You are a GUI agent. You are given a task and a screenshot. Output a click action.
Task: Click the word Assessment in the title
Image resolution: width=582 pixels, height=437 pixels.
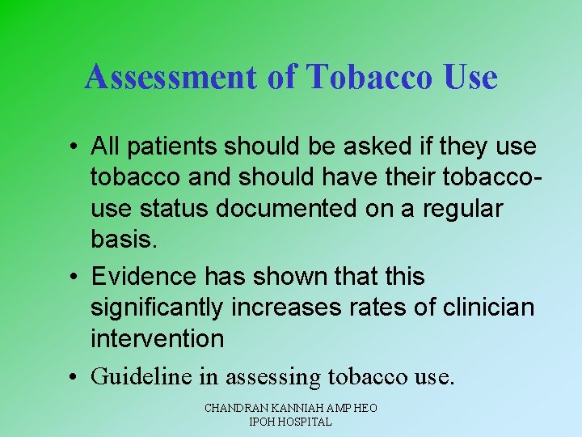[x=169, y=78]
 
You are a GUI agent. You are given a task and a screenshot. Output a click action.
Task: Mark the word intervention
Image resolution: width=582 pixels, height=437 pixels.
[x=157, y=337]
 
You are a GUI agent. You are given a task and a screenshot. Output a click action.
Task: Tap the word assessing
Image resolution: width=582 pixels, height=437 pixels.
[x=275, y=375]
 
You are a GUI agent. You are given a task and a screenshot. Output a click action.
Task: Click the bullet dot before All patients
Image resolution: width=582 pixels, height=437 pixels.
[x=73, y=147]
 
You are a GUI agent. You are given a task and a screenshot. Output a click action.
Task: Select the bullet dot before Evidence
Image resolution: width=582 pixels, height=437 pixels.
[x=73, y=277]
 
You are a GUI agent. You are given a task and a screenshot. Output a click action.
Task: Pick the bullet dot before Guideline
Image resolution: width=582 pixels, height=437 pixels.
[x=73, y=376]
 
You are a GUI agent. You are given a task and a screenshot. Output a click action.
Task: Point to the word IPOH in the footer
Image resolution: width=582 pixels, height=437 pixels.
[x=261, y=422]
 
